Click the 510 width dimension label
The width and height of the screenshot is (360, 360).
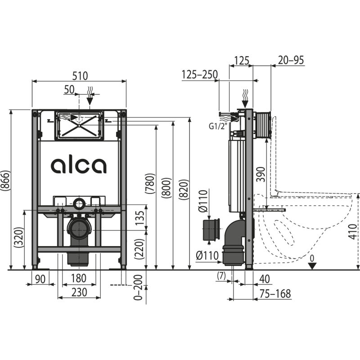79,75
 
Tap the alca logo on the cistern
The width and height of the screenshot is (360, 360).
79,165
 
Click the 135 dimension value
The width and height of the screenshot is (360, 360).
141,219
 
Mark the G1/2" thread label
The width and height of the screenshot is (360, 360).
217,126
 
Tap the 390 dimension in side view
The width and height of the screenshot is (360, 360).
260,174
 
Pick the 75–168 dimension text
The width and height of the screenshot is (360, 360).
275,294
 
